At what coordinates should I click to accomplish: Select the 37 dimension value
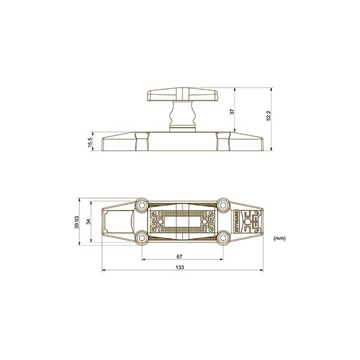[x=232, y=111]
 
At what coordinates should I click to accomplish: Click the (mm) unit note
[x=280, y=238]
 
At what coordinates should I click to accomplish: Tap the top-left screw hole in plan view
[x=142, y=203]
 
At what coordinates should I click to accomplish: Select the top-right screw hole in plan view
[x=223, y=203]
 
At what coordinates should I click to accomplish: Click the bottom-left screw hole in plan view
[x=142, y=238]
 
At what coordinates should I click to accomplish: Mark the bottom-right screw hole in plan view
[x=223, y=238]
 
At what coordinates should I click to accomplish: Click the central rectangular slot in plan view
[x=180, y=220]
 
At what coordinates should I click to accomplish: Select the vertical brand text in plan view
[x=236, y=220]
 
